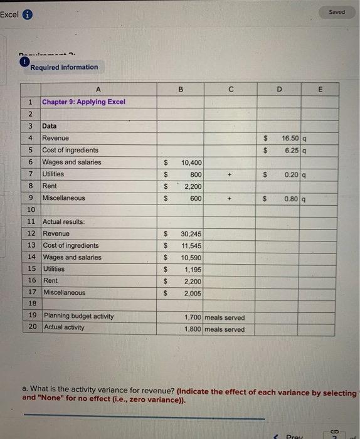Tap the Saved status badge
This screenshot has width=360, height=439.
337,12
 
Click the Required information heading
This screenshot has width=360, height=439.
64,67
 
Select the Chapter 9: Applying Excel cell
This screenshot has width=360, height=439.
83,102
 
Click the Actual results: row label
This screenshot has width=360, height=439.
63,222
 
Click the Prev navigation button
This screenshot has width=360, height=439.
290,435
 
